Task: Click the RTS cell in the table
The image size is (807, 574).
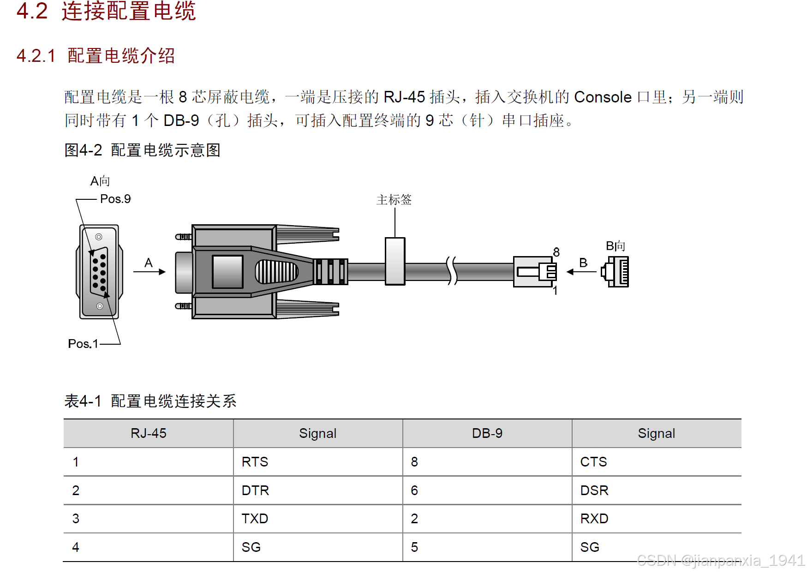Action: [255, 462]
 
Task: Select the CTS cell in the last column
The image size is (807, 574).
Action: [593, 462]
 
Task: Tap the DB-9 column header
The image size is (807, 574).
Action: [487, 433]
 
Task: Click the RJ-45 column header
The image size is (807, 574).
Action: [148, 433]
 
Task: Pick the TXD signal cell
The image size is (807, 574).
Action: [255, 519]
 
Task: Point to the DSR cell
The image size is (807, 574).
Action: [594, 490]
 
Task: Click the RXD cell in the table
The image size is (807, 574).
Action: [594, 519]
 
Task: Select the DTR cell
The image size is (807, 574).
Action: [255, 490]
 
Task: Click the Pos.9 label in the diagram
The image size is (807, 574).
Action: [115, 199]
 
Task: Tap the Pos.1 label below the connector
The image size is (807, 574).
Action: [83, 344]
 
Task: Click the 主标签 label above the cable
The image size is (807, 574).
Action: [394, 200]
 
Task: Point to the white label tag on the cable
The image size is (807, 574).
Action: [395, 261]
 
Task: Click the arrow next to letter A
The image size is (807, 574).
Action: [149, 272]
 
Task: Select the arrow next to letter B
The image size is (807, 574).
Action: [581, 272]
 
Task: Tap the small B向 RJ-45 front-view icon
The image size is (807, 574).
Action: [616, 272]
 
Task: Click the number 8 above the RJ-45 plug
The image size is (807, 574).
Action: [556, 252]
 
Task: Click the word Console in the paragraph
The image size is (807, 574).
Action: [603, 97]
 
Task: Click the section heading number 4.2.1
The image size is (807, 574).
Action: [36, 56]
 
